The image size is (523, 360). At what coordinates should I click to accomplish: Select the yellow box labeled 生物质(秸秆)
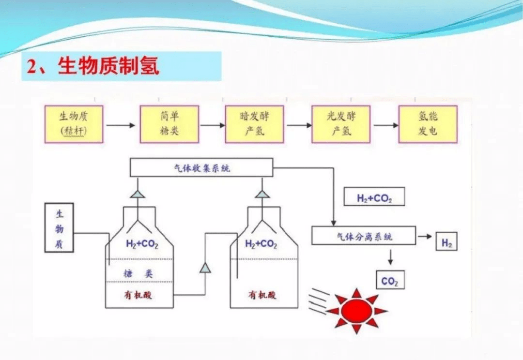pos(74,124)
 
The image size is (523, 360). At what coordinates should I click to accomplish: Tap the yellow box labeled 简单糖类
pos(169,124)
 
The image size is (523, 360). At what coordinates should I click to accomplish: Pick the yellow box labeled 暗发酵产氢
pos(254,124)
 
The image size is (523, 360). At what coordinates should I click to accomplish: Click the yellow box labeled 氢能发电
pos(428,124)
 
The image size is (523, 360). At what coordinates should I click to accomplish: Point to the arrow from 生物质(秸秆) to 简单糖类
pos(121,125)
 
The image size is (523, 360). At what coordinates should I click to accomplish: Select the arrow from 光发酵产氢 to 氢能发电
pos(385,125)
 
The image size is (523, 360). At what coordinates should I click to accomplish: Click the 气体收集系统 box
pos(201,168)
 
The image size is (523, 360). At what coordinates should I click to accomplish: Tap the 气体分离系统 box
pos(364,236)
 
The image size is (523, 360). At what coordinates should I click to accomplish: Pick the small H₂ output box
pos(446,242)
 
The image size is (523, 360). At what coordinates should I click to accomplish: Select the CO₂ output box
pos(390,281)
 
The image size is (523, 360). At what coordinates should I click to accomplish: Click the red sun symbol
pos(356,311)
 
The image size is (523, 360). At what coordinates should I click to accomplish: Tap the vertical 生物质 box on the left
pos(59,227)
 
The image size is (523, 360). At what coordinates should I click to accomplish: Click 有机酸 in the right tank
pos(261,294)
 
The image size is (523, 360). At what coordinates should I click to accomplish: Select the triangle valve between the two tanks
pos(205,267)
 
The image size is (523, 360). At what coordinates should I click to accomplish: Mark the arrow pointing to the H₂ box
pos(425,236)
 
